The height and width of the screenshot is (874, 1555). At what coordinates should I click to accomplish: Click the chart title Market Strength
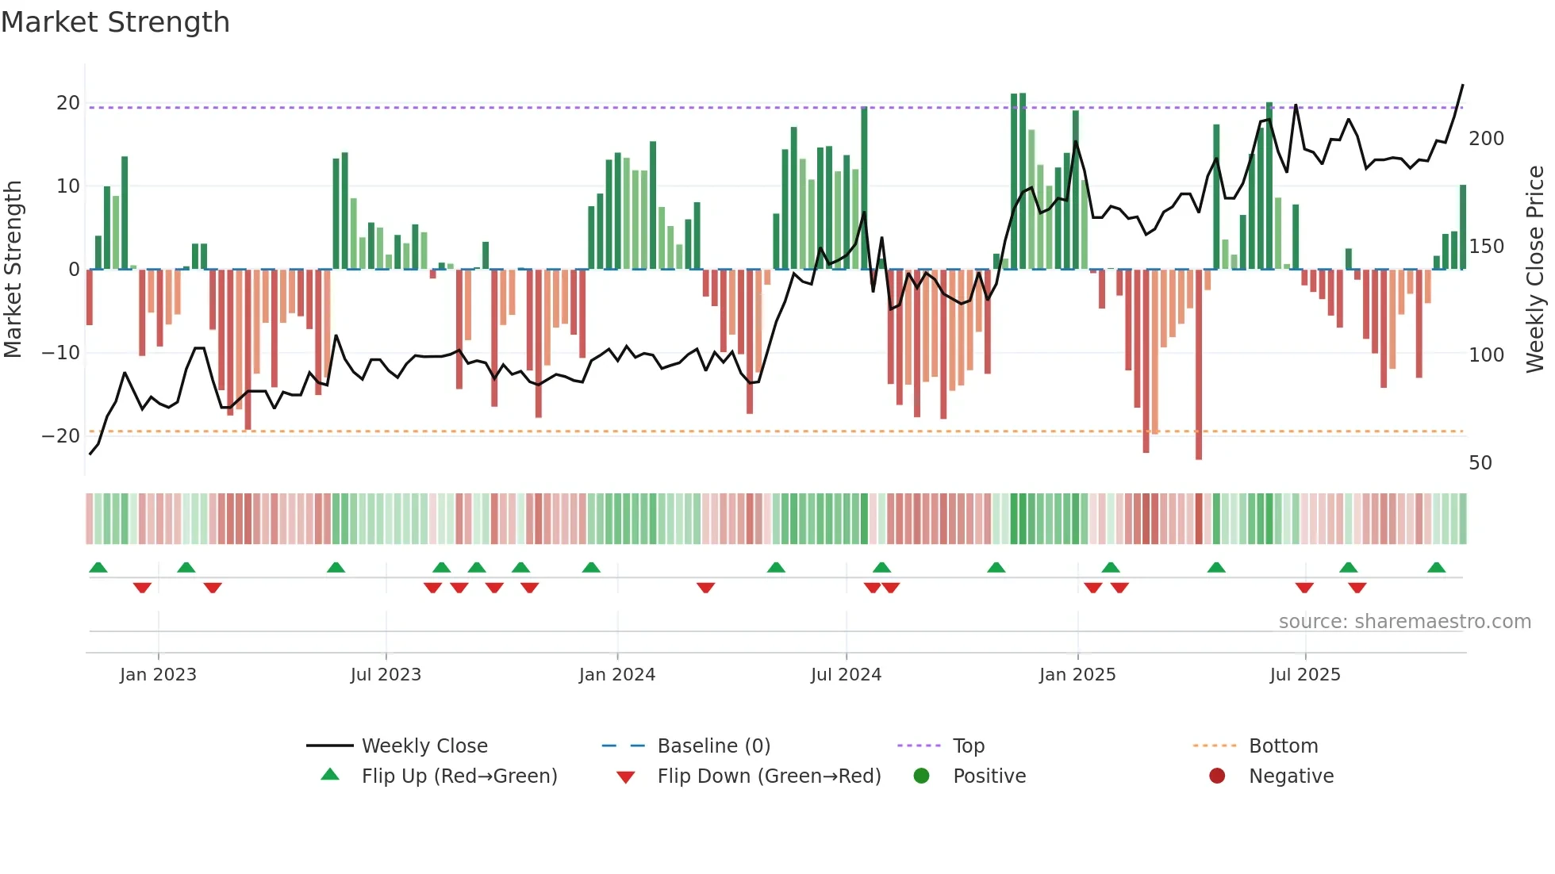pyautogui.click(x=116, y=22)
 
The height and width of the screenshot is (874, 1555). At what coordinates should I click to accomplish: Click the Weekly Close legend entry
pyautogui.click(x=424, y=746)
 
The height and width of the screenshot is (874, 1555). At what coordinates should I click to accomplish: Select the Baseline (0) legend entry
pyautogui.click(x=713, y=746)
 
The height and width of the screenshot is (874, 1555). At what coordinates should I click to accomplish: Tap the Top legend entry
pyautogui.click(x=968, y=746)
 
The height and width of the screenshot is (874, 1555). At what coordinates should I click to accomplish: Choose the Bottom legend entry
pyautogui.click(x=1283, y=746)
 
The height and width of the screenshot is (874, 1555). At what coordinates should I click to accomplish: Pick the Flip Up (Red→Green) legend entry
pyautogui.click(x=459, y=776)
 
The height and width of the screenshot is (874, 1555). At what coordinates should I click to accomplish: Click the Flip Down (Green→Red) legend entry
pyautogui.click(x=768, y=776)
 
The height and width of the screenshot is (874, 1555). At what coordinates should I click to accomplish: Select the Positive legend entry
pyautogui.click(x=989, y=776)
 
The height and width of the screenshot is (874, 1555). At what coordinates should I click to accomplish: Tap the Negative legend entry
pyautogui.click(x=1291, y=776)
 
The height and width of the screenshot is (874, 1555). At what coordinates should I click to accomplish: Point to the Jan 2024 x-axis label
pyautogui.click(x=616, y=675)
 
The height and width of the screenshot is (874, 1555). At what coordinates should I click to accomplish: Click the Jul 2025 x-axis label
pyautogui.click(x=1304, y=675)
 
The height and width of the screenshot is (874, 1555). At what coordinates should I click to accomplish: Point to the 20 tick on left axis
pyautogui.click(x=67, y=103)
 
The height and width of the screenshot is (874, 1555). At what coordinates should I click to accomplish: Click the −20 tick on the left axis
pyautogui.click(x=61, y=436)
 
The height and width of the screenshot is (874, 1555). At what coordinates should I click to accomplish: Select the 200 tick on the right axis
pyautogui.click(x=1486, y=139)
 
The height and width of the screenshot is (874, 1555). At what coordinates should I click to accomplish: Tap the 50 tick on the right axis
pyautogui.click(x=1480, y=463)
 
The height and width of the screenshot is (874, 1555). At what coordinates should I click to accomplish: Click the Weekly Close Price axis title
pyautogui.click(x=1535, y=270)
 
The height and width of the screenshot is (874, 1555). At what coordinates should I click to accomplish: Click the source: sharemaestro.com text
pyautogui.click(x=1404, y=622)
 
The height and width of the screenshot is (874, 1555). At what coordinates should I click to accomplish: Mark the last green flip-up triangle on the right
pyautogui.click(x=1436, y=567)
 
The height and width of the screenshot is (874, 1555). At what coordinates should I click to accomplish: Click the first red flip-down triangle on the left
pyautogui.click(x=142, y=588)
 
